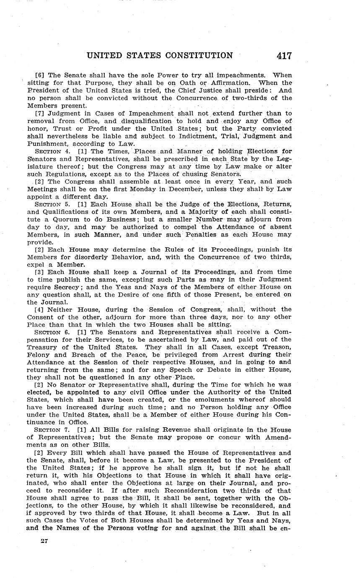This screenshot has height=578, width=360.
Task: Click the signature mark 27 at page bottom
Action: (44, 541)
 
